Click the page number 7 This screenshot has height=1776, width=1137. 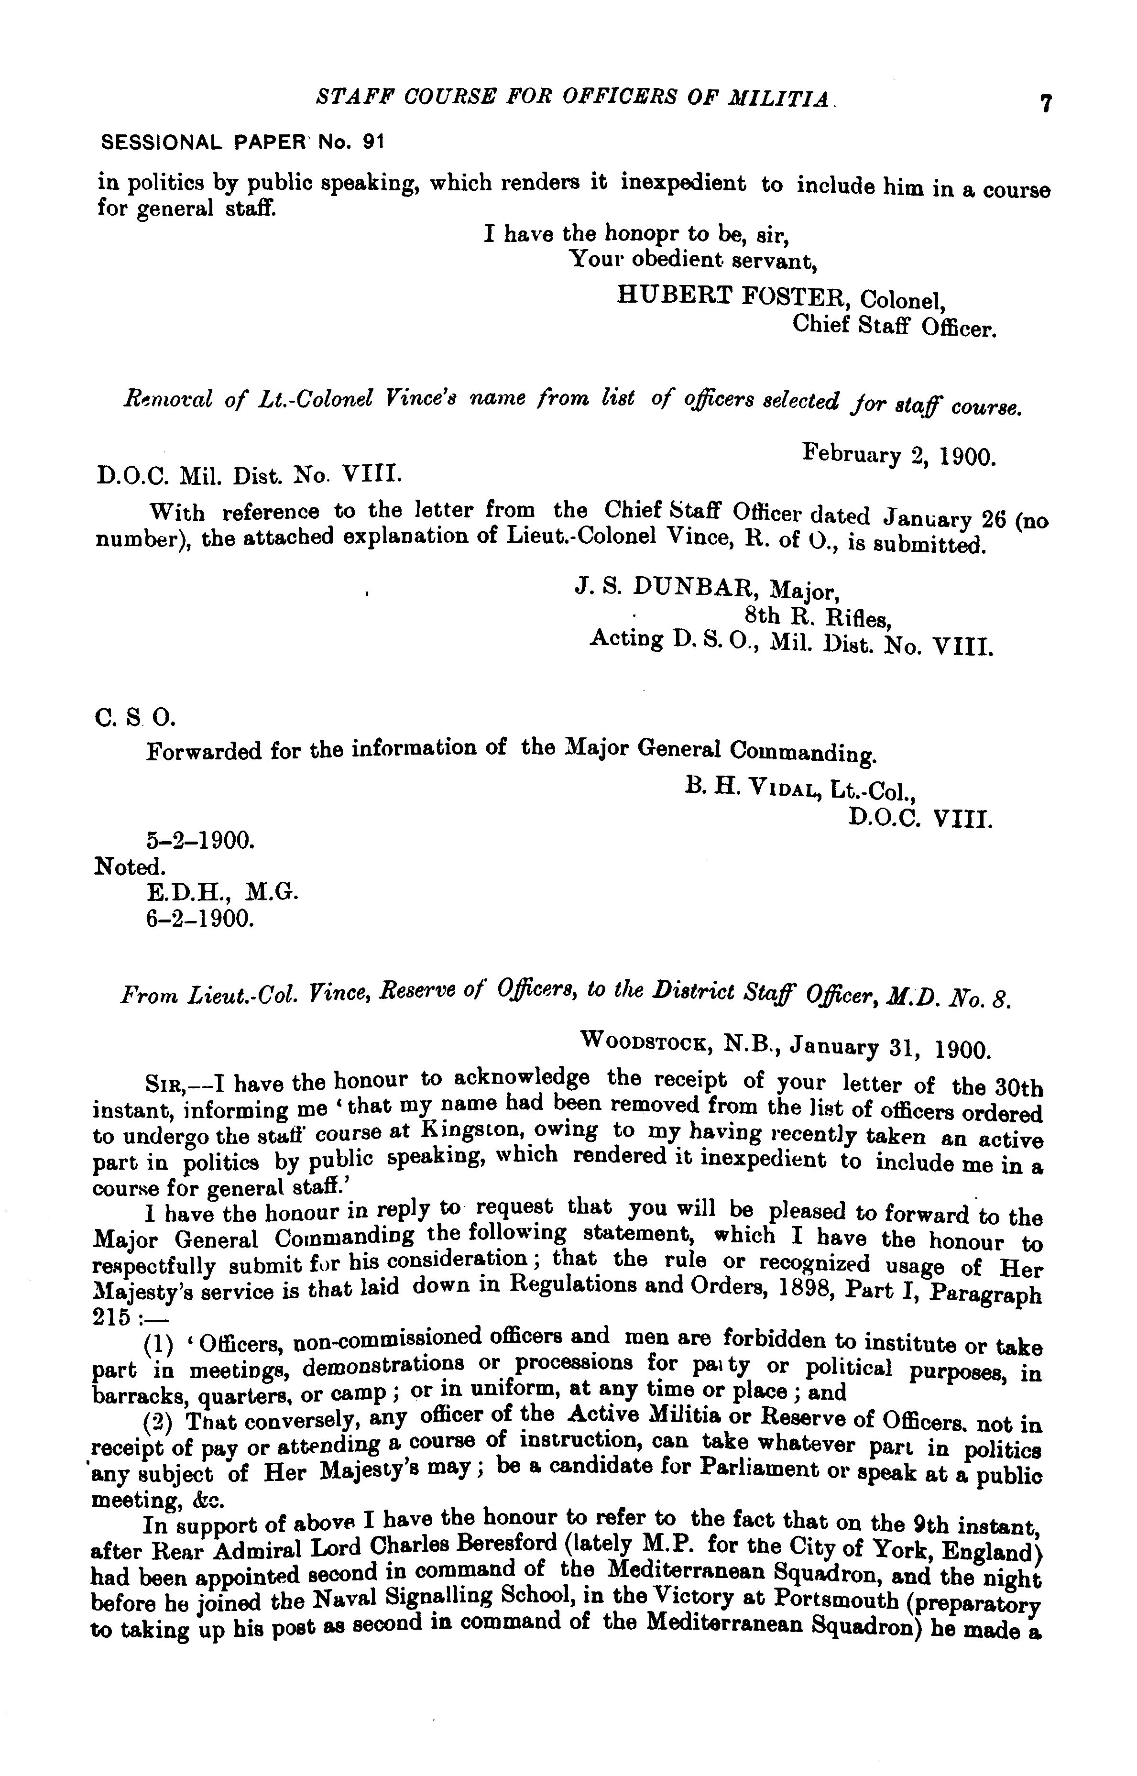pyautogui.click(x=1045, y=103)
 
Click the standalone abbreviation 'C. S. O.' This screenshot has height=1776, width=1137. pyautogui.click(x=135, y=717)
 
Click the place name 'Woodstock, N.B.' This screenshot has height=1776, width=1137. pyautogui.click(x=679, y=1042)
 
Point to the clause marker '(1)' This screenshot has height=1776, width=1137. pyautogui.click(x=157, y=1344)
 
